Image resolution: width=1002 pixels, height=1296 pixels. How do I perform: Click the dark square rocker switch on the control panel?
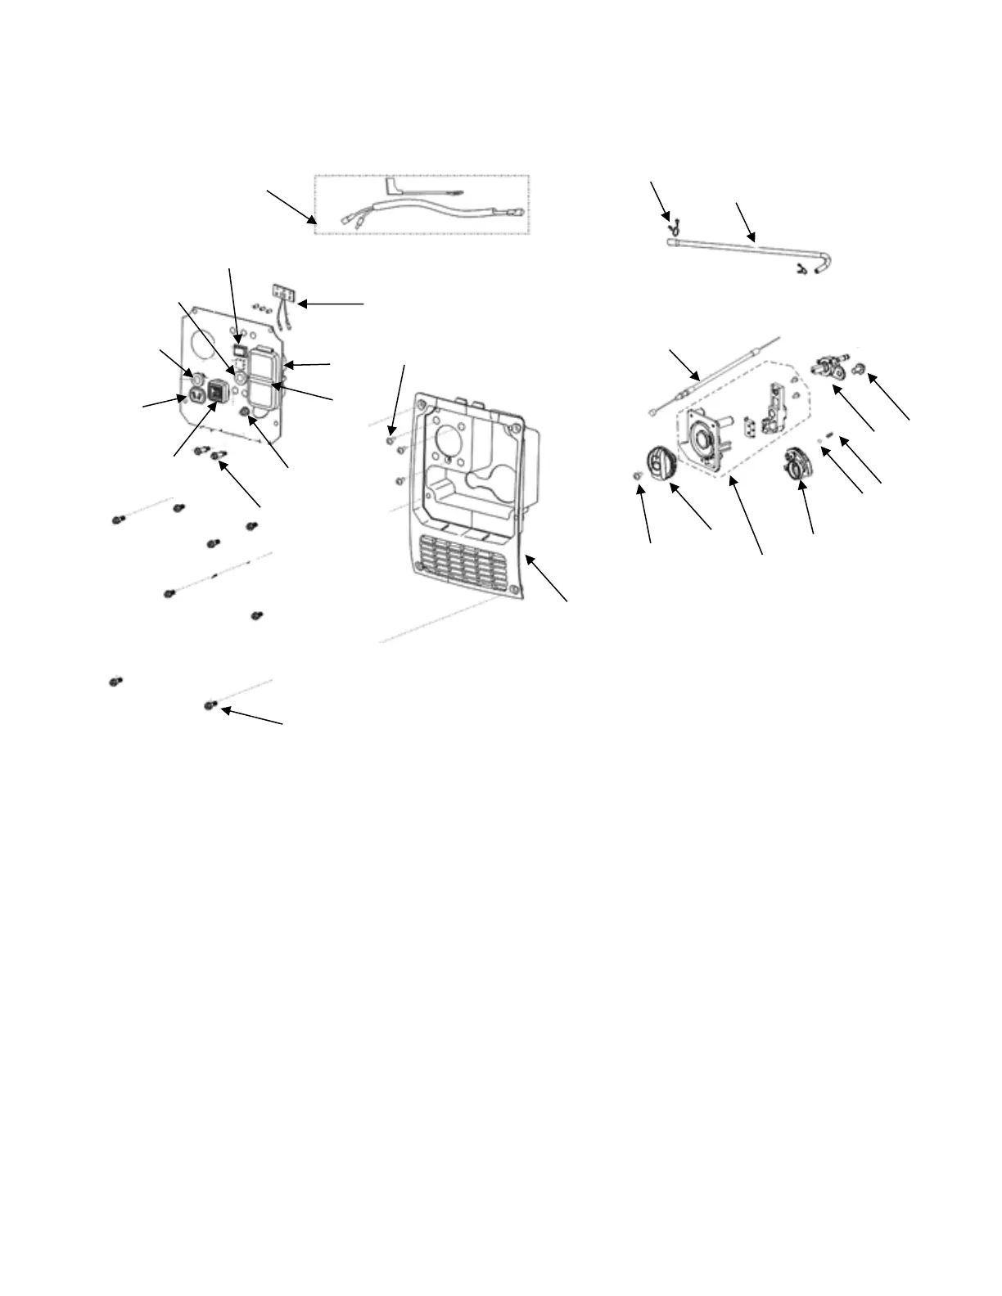pyautogui.click(x=217, y=391)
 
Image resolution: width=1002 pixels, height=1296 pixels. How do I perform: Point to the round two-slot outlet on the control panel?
pyautogui.click(x=196, y=395)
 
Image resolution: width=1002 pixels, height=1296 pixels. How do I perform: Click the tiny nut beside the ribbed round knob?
pyautogui.click(x=637, y=476)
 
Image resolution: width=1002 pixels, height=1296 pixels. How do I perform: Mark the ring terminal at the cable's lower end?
pyautogui.click(x=653, y=411)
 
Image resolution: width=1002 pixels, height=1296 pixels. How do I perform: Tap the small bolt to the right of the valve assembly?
pyautogui.click(x=860, y=370)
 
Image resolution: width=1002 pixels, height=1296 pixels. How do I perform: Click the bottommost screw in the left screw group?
pyautogui.click(x=210, y=704)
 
